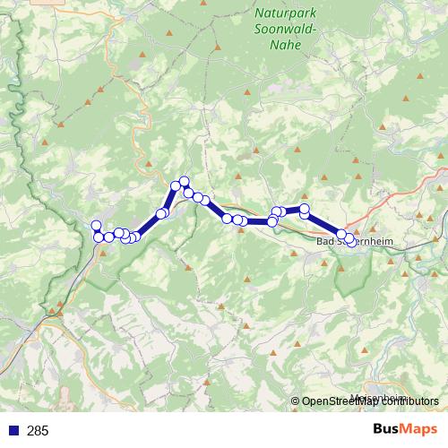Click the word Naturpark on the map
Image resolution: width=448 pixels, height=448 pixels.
pos(285,13)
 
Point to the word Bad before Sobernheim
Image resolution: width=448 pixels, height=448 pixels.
pos(326,242)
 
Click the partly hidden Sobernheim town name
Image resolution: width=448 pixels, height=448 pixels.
pos(372,242)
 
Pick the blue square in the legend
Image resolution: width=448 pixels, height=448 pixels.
pos(13,431)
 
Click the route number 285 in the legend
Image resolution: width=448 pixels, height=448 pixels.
pos(38,431)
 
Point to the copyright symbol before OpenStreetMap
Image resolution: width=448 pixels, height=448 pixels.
pos(296,401)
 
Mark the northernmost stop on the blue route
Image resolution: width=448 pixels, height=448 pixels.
pos(185,181)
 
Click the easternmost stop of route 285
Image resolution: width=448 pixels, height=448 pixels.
pos(349,237)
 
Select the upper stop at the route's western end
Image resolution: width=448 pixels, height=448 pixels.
pos(96,225)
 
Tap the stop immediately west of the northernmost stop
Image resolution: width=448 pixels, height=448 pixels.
pos(177,185)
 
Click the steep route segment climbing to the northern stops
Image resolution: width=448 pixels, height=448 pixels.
pos(169,200)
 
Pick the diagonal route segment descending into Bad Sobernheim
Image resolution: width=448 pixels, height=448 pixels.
pos(323,224)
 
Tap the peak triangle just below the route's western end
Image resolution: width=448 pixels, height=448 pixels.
pos(103,253)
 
